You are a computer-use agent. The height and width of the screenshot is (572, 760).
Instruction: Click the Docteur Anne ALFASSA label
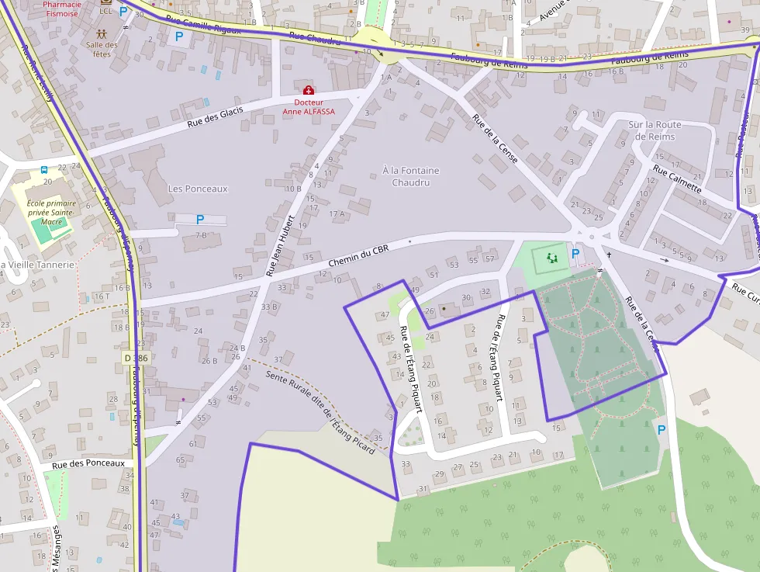tap(309, 106)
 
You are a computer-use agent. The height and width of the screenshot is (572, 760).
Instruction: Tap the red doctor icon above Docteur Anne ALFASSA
tap(309, 90)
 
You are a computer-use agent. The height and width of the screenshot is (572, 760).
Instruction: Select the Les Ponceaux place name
tap(198, 189)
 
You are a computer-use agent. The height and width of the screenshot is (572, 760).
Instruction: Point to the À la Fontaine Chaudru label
tap(410, 176)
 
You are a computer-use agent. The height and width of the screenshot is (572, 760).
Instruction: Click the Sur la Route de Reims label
tap(655, 130)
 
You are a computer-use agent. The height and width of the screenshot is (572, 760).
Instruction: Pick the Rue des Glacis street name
tap(215, 117)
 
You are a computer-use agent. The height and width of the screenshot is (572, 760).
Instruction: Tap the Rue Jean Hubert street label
tap(281, 245)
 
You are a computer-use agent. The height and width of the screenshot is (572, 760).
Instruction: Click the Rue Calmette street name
tap(677, 179)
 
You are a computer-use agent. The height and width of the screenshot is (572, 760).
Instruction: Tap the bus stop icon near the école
tap(44, 169)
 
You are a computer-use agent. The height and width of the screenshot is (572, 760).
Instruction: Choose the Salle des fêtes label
tap(102, 50)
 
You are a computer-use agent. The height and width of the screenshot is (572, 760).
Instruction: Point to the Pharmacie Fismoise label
tap(63, 9)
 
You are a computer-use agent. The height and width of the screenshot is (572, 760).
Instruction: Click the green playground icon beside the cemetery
tap(552, 258)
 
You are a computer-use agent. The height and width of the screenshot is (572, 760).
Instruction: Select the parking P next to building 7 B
tap(200, 220)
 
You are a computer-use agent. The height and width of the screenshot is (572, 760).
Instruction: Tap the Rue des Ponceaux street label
tap(88, 463)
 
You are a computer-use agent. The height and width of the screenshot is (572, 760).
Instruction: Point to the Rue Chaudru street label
tap(314, 39)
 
